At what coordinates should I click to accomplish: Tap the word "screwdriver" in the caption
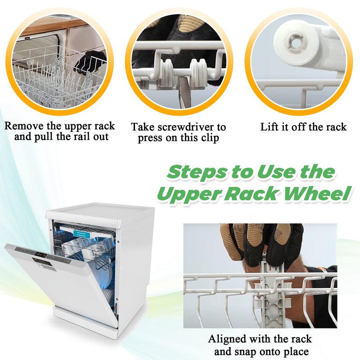pos(184,127)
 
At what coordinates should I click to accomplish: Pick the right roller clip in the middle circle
pos(198,72)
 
